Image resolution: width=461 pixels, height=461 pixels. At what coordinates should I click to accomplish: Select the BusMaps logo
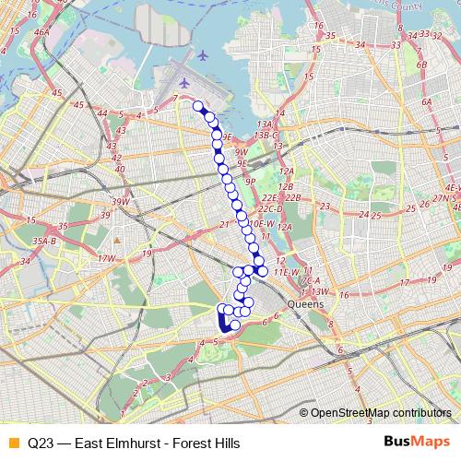pos(416,443)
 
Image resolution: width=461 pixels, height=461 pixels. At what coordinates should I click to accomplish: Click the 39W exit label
pos(121,202)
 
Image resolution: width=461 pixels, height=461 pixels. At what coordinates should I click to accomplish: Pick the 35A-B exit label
pos(45,242)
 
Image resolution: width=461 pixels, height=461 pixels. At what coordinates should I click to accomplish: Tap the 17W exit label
pos(108,260)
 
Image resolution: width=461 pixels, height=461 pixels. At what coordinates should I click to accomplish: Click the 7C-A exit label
pos(310,280)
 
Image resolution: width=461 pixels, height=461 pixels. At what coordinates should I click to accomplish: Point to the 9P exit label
pos(249,183)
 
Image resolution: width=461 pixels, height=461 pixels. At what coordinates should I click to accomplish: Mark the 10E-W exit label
pos(262,224)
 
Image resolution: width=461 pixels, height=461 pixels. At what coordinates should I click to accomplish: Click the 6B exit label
pos(422,65)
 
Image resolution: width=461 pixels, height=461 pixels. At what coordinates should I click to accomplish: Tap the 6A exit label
pos(426,102)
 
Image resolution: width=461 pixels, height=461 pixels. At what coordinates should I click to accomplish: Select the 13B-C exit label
pos(266,135)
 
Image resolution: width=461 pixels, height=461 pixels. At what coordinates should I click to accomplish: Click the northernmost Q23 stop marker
pos(197,106)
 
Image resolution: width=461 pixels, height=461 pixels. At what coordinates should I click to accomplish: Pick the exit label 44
pos(103,113)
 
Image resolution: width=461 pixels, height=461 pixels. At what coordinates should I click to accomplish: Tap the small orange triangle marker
pos(118,242)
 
